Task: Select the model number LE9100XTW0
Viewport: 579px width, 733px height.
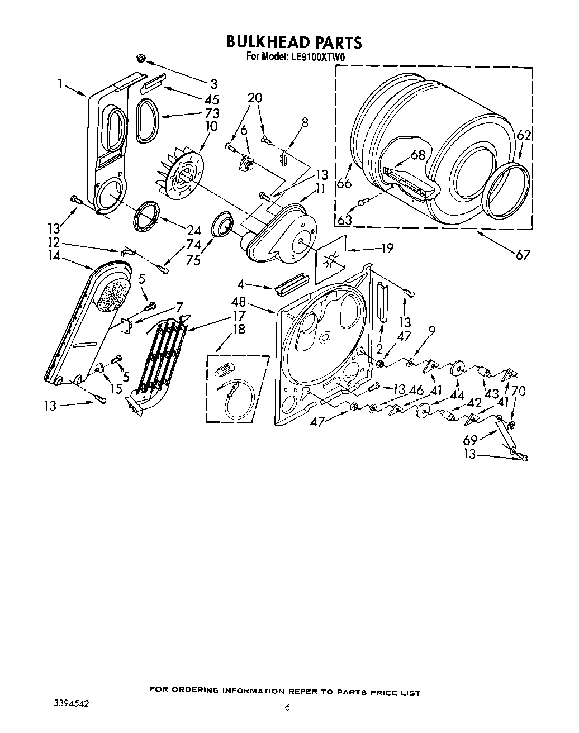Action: [x=317, y=56]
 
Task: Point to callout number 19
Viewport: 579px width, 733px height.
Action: [x=386, y=248]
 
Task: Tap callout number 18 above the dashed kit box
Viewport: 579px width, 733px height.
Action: [x=238, y=329]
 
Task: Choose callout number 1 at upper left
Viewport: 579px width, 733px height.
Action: [x=59, y=84]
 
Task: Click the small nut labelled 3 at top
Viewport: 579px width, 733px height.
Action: [x=141, y=59]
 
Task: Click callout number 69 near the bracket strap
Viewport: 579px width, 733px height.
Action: [x=470, y=440]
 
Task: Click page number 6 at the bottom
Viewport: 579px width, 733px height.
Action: [x=287, y=708]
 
